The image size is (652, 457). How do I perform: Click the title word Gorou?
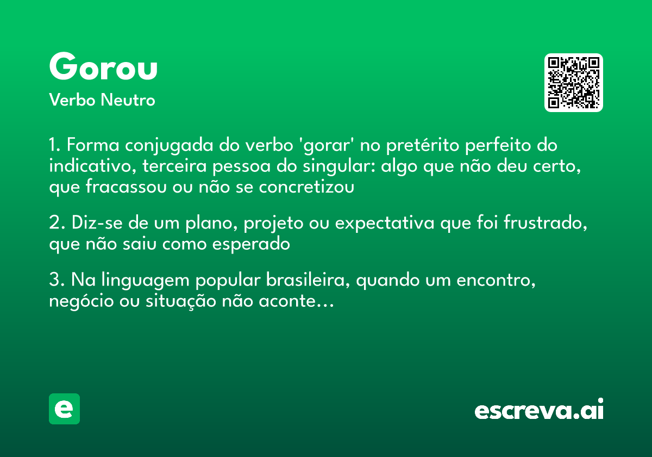click(x=103, y=67)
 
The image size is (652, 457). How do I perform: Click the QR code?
click(x=574, y=83)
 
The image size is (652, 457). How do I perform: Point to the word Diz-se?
click(x=90, y=223)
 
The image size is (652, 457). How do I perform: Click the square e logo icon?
click(x=64, y=409)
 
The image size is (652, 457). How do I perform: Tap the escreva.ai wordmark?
click(x=539, y=410)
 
